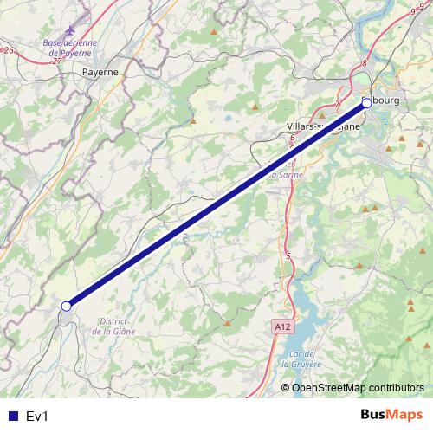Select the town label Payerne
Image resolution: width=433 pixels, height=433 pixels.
100,73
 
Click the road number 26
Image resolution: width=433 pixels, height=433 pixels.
10,51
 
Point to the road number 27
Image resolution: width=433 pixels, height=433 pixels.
58,61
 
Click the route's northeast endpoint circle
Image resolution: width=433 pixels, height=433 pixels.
365,103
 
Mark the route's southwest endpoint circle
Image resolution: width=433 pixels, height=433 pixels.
66,306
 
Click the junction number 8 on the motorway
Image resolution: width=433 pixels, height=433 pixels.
365,63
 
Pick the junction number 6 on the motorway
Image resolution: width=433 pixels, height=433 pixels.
293,138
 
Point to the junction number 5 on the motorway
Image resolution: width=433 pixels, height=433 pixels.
288,255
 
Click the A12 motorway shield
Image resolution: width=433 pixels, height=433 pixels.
280,327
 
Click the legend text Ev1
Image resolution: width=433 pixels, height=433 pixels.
37,416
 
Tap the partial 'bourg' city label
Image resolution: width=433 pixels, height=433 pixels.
387,102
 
